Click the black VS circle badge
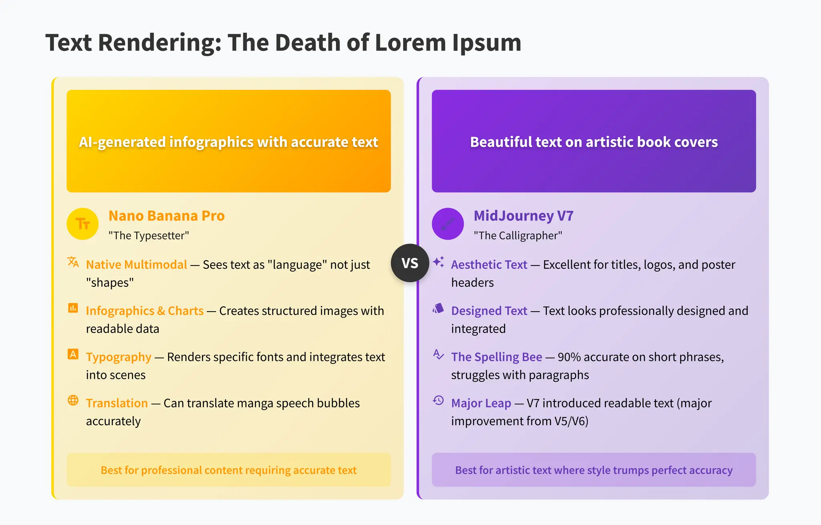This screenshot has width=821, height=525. (x=410, y=263)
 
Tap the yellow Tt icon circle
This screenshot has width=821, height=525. (x=83, y=224)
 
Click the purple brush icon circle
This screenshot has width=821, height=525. (x=447, y=224)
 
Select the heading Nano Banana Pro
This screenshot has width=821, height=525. (x=166, y=216)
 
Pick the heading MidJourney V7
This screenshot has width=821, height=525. (x=523, y=216)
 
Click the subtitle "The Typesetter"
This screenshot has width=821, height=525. (x=149, y=235)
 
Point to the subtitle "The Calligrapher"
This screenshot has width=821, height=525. (x=518, y=235)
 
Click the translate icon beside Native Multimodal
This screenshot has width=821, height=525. (x=73, y=262)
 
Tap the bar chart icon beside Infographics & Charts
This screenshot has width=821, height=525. (x=73, y=308)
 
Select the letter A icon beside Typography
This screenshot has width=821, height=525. (x=73, y=354)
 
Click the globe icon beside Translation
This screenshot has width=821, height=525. (x=73, y=400)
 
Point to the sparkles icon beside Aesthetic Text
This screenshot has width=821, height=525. (x=438, y=262)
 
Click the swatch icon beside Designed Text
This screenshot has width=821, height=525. (x=438, y=308)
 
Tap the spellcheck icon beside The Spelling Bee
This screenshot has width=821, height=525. (x=438, y=354)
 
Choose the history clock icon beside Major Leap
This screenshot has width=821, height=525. (x=438, y=400)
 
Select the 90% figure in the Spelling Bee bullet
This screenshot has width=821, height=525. (x=569, y=357)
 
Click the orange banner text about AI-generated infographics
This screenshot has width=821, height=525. (x=229, y=142)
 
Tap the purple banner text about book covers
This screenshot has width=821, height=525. (x=594, y=142)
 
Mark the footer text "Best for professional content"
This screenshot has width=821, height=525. (x=229, y=470)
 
